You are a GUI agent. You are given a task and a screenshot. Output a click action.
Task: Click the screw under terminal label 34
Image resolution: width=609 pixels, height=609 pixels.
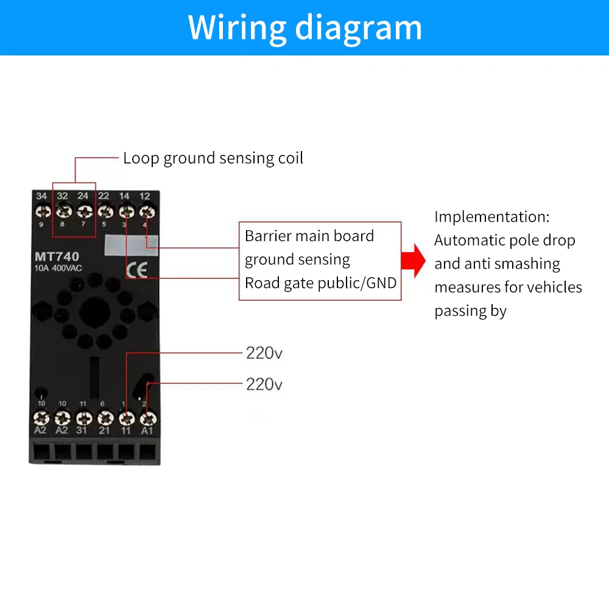(x=42, y=213)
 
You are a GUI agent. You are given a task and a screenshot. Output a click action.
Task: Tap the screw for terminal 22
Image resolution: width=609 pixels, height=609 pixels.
(x=105, y=213)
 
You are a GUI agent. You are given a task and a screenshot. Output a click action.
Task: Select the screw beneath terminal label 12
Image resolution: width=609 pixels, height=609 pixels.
(x=146, y=213)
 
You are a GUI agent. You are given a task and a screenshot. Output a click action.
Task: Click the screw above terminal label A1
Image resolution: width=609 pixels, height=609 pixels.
(x=146, y=418)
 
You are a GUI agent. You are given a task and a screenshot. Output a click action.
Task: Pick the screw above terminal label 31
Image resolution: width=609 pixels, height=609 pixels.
(x=83, y=418)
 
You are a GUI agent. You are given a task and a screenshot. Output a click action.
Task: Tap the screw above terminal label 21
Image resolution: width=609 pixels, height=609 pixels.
(x=105, y=418)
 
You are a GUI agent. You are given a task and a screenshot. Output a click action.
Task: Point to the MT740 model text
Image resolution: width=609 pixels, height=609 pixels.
(x=57, y=257)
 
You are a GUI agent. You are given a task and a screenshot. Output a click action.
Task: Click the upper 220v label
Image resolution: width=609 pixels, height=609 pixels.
(x=264, y=353)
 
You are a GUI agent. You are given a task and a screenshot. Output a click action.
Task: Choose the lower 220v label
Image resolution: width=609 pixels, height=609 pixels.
(x=264, y=384)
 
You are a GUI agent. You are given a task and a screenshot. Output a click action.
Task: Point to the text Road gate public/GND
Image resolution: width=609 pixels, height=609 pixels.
(x=320, y=283)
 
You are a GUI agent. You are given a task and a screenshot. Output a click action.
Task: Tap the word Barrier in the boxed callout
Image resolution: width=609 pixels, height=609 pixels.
(x=267, y=236)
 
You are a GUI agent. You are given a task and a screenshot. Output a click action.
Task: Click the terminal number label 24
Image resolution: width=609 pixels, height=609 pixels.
(x=83, y=196)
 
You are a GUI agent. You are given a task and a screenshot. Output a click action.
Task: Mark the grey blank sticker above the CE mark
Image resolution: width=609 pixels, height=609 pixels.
(x=132, y=244)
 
